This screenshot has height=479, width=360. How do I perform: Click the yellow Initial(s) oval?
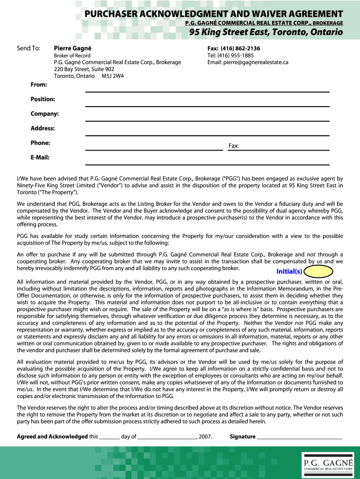[319, 271]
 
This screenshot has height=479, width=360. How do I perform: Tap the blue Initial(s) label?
[289, 272]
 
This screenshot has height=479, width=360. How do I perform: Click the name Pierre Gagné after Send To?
[72, 48]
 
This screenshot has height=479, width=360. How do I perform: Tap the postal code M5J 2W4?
[113, 76]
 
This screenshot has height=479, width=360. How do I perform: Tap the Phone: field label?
[40, 143]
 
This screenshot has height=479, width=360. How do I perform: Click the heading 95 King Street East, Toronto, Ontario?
[266, 32]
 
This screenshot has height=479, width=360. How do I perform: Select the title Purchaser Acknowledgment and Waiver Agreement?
[214, 14]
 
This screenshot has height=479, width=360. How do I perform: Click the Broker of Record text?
[72, 56]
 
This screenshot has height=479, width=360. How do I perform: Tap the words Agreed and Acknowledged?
[52, 437]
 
